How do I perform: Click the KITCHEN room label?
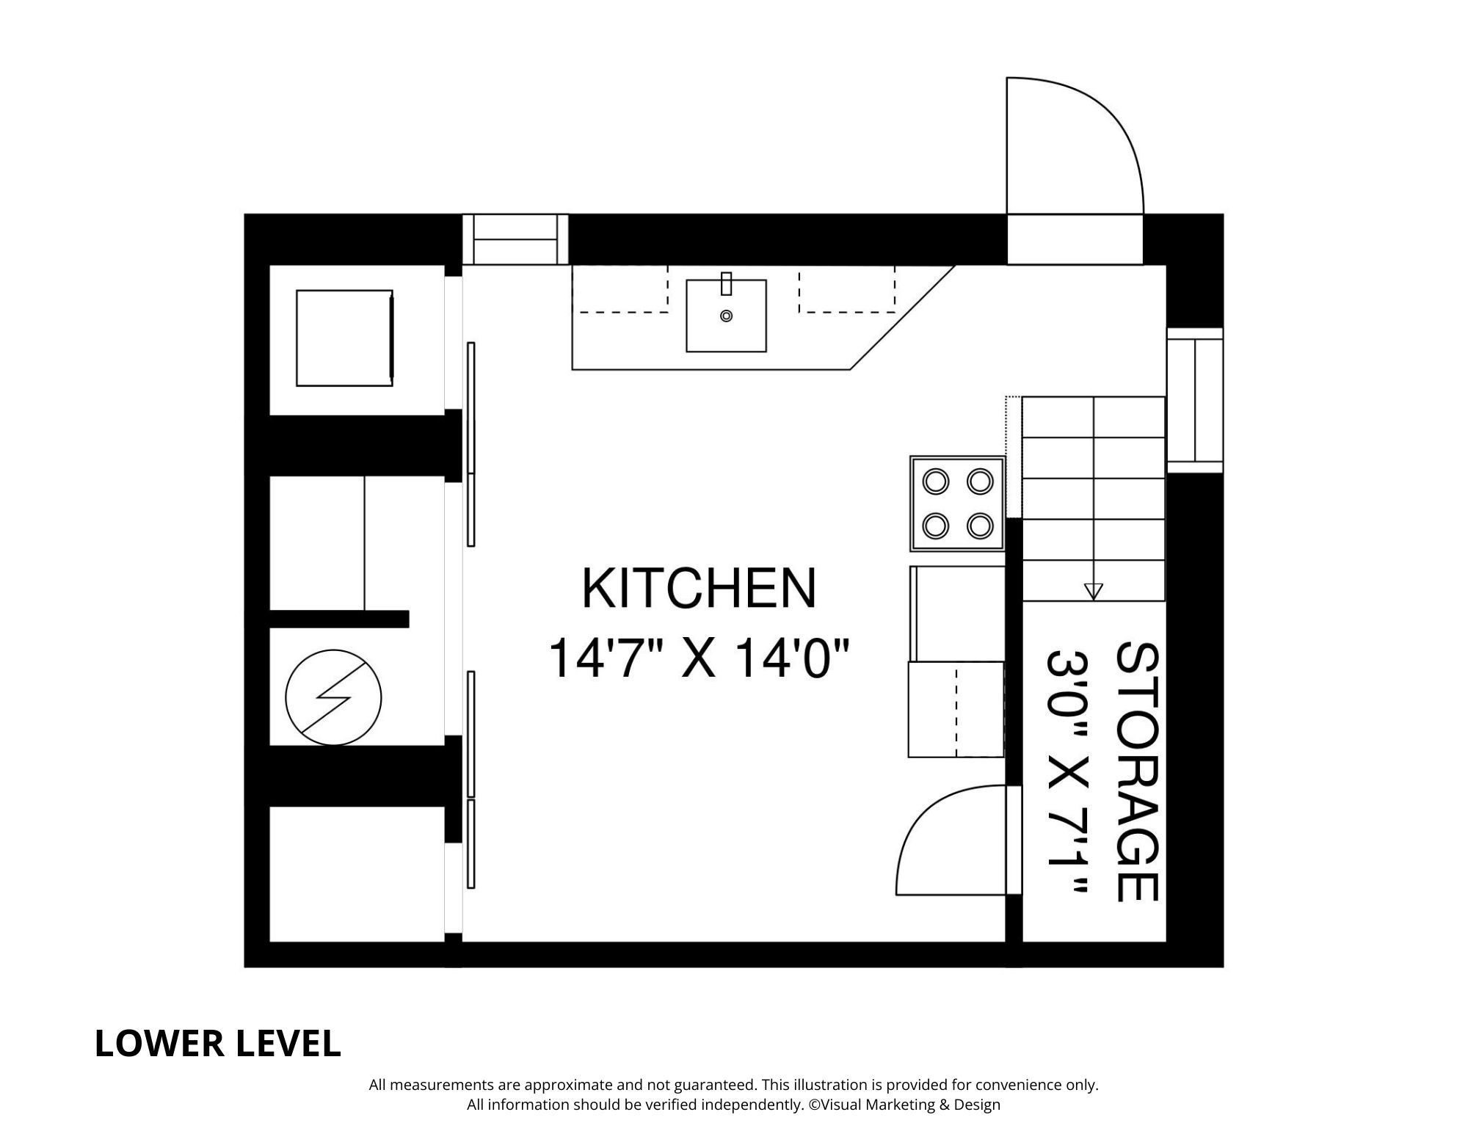pyautogui.click(x=699, y=589)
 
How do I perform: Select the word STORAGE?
pyautogui.click(x=1137, y=771)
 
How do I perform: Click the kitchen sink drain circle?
pyautogui.click(x=726, y=316)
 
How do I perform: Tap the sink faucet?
pyautogui.click(x=726, y=283)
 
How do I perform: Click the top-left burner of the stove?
pyautogui.click(x=936, y=482)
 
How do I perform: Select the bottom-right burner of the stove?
pyautogui.click(x=980, y=526)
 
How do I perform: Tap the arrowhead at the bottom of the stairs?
pyautogui.click(x=1093, y=591)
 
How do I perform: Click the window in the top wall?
pyautogui.click(x=515, y=239)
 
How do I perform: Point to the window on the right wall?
pyautogui.click(x=1195, y=400)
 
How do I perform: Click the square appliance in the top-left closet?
pyautogui.click(x=344, y=338)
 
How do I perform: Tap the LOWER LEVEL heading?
pyautogui.click(x=217, y=1044)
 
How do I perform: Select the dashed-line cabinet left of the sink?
pyautogui.click(x=620, y=288)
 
